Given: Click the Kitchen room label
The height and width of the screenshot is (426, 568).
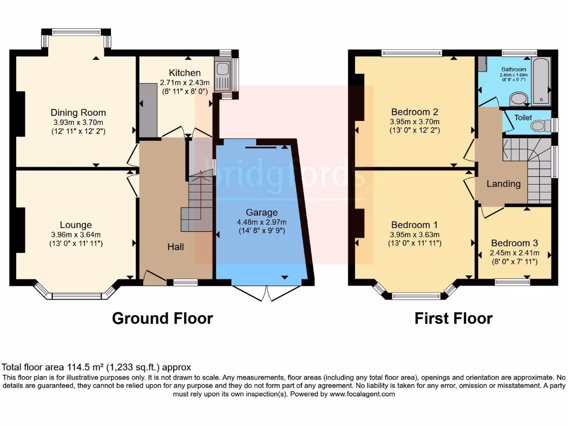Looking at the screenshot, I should click(185, 73).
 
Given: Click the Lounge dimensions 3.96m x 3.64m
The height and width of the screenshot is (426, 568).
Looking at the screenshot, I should click(76, 234).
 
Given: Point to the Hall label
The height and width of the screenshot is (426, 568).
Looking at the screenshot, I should click(176, 246).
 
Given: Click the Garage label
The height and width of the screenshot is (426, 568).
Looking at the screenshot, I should click(262, 212).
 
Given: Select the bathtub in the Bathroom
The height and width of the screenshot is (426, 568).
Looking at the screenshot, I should click(540, 81).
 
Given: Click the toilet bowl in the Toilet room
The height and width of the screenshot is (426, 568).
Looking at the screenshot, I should click(537, 126).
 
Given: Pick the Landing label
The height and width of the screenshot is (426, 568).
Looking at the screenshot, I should click(504, 184).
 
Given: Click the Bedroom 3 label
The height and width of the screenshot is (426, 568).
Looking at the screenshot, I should click(514, 243).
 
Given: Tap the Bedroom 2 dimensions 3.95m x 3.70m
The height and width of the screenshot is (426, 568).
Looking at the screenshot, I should click(415, 122).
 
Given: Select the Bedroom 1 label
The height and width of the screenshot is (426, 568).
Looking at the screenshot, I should click(414, 225).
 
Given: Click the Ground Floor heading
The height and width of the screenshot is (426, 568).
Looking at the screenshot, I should click(163, 318).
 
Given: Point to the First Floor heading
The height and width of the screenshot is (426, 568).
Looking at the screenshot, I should click(453, 318).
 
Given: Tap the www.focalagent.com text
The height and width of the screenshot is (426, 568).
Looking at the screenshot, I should click(362, 394).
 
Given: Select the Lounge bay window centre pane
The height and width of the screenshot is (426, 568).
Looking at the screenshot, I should click(75, 296).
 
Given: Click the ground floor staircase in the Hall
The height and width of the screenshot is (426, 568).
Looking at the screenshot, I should click(199, 202).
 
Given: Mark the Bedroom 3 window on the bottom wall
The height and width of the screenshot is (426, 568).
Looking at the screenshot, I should click(511, 282).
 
